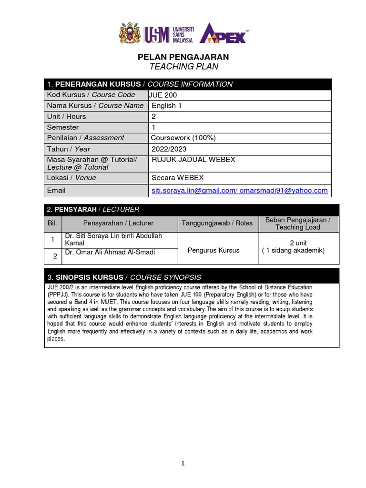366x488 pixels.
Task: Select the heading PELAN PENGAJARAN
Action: pyautogui.click(x=183, y=57)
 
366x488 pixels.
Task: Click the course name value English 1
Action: pyautogui.click(x=167, y=105)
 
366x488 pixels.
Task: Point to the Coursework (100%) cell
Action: pyautogui.click(x=183, y=138)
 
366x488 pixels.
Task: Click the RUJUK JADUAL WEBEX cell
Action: pyautogui.click(x=193, y=160)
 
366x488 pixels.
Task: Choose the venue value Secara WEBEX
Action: pyautogui.click(x=177, y=178)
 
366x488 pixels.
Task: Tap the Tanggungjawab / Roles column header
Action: pyautogui.click(x=217, y=223)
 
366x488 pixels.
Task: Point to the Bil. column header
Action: pyautogui.click(x=52, y=223)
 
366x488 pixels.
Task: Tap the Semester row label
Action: pyautogui.click(x=63, y=127)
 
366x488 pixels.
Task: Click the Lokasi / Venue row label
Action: pyautogui.click(x=71, y=178)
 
